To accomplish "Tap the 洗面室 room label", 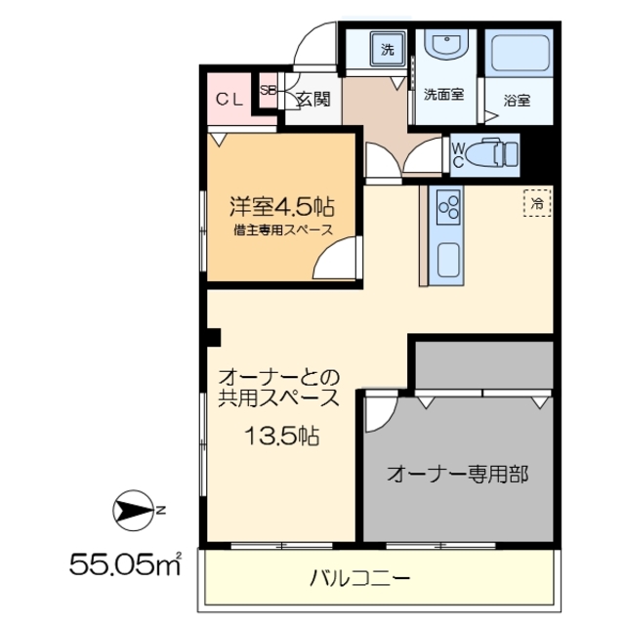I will tap(442, 96).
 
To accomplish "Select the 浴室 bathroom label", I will tap(517, 99).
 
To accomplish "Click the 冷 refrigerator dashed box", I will tap(536, 202).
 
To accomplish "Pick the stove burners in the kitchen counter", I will tap(450, 206).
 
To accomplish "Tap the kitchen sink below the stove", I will tap(450, 261).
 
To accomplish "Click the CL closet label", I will tap(229, 98).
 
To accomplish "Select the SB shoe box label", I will tap(268, 90).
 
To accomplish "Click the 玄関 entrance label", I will tap(312, 98).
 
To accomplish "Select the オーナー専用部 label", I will tap(457, 475).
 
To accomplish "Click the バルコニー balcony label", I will tap(359, 577).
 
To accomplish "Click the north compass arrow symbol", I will tap(131, 510).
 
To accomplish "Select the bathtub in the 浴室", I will tap(520, 58).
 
